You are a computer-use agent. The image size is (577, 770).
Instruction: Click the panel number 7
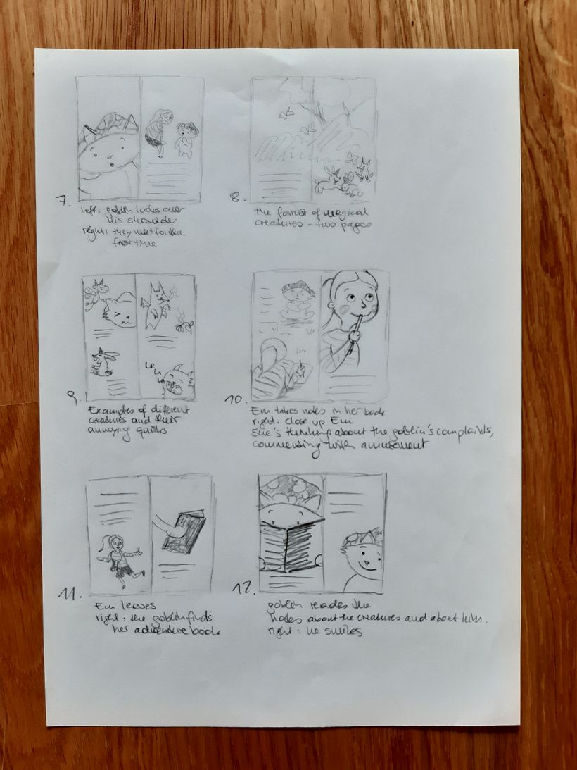(64, 201)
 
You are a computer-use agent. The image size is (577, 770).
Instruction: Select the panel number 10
(234, 400)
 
